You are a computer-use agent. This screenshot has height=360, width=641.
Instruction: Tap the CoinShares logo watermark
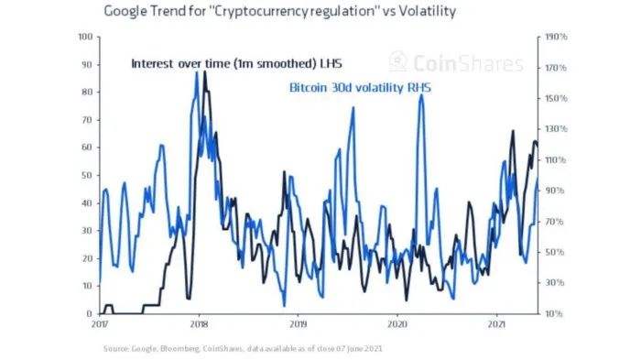pyautogui.click(x=455, y=62)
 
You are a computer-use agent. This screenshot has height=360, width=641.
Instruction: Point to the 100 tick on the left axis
pyautogui.click(x=84, y=38)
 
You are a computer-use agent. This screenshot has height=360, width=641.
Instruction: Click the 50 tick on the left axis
pyautogui.click(x=86, y=175)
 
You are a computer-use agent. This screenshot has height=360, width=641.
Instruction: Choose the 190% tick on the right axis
pyautogui.click(x=556, y=38)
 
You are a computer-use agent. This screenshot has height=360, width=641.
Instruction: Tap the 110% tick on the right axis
pyautogui.click(x=556, y=160)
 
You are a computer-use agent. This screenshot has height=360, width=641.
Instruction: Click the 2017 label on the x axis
pyautogui.click(x=100, y=325)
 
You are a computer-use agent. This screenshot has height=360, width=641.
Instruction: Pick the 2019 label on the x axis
pyautogui.click(x=298, y=325)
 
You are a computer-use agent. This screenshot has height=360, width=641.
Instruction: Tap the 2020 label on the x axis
pyautogui.click(x=397, y=325)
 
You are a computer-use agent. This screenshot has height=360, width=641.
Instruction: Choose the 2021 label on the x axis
pyautogui.click(x=495, y=325)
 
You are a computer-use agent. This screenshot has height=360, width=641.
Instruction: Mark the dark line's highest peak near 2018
pyautogui.click(x=205, y=72)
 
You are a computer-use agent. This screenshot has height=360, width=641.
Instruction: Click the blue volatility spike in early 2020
pyautogui.click(x=420, y=94)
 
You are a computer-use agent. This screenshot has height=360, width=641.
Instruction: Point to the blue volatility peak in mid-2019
pyautogui.click(x=353, y=108)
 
